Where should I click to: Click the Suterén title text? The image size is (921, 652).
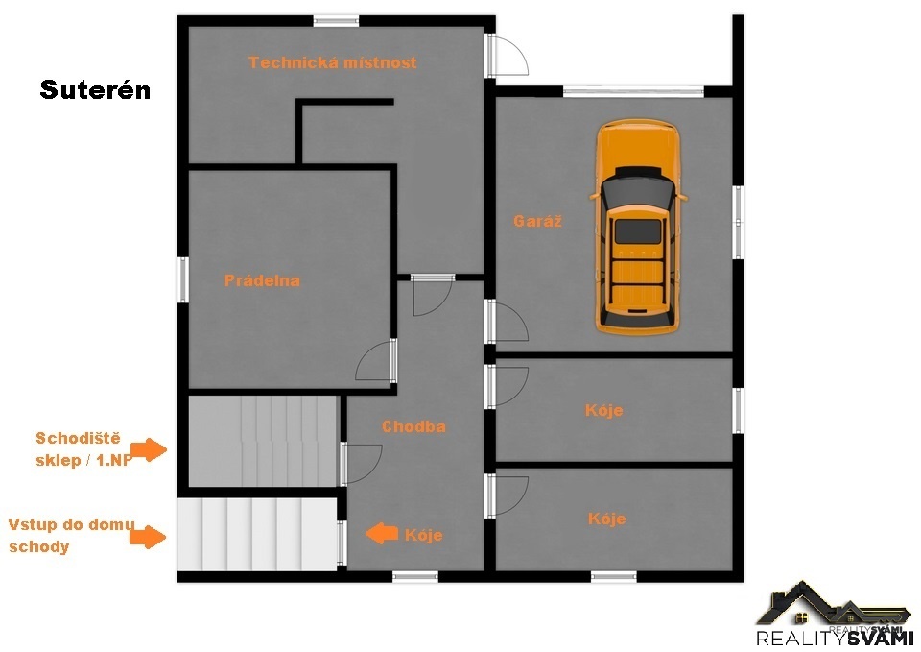tap(95, 90)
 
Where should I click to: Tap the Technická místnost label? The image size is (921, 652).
tap(333, 62)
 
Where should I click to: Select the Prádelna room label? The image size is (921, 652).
tap(262, 280)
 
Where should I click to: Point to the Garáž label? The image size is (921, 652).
tap(537, 221)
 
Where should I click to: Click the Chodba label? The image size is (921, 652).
tap(413, 426)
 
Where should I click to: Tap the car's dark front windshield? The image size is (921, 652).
tap(637, 192)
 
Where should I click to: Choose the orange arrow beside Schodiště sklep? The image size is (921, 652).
tap(149, 449)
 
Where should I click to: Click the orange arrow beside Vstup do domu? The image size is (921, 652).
tap(148, 536)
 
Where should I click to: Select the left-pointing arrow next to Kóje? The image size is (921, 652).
tap(382, 534)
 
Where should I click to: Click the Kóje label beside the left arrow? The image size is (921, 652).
tap(423, 535)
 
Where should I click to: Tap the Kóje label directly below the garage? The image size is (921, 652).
tap(603, 410)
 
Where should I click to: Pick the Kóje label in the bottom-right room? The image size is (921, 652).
tap(606, 519)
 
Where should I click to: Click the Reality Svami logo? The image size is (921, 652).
tap(833, 615)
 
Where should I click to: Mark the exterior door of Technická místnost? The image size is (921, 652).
tap(506, 55)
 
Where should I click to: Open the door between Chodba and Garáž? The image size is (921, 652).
tap(506, 321)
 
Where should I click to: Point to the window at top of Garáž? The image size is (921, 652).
tap(633, 92)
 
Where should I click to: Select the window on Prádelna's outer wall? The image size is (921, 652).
tap(183, 279)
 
